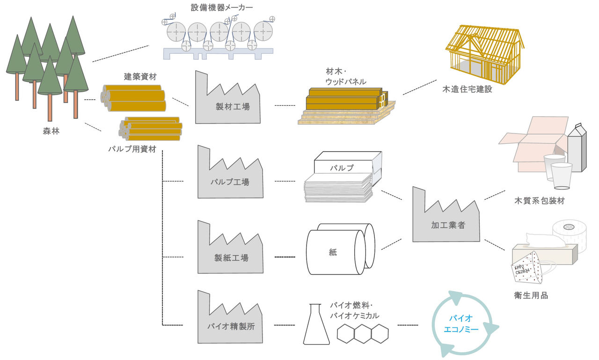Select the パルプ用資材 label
[132, 149]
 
